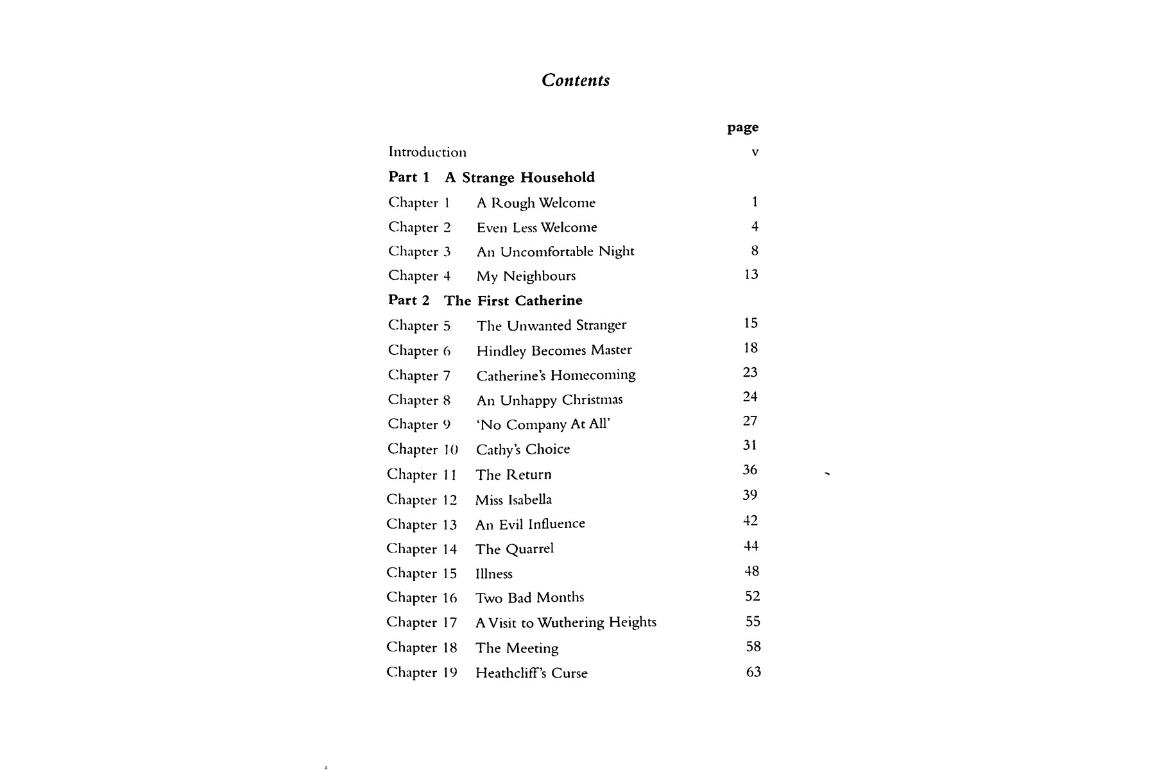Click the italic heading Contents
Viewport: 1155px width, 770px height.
click(576, 80)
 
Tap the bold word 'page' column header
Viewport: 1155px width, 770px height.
click(742, 128)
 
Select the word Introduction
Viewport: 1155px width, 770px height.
click(427, 152)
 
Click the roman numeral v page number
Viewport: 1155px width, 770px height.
click(755, 152)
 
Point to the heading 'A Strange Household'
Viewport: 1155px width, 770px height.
click(520, 177)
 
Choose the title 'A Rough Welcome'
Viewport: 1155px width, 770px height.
click(536, 203)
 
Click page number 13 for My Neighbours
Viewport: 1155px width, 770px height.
click(751, 275)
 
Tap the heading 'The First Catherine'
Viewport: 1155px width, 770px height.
click(513, 300)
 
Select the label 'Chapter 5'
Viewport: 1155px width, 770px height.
click(419, 325)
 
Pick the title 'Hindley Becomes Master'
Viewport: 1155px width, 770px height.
click(554, 350)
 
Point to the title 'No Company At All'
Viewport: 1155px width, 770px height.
click(543, 425)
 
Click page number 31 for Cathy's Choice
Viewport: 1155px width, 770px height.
click(750, 445)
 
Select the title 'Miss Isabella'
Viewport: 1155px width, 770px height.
click(513, 500)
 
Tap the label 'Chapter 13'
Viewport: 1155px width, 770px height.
click(422, 524)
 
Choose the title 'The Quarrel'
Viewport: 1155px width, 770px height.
click(515, 549)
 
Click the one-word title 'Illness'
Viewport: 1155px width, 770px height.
click(494, 574)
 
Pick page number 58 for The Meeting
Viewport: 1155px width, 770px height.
click(753, 647)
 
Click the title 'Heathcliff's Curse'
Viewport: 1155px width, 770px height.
click(531, 673)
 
